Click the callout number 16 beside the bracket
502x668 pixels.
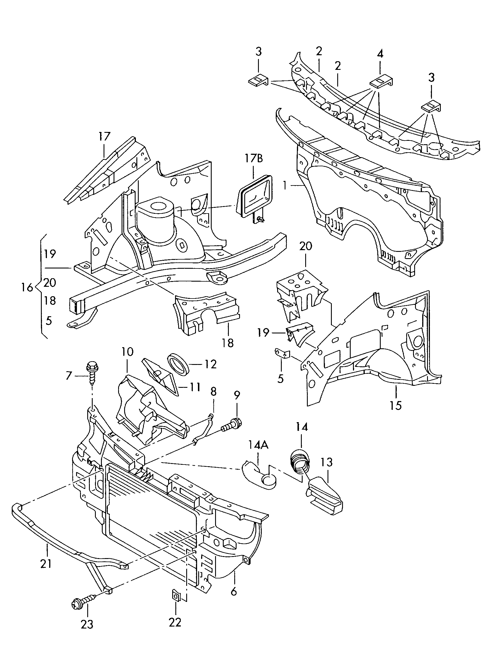point(27,288)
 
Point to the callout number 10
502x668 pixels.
point(127,351)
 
